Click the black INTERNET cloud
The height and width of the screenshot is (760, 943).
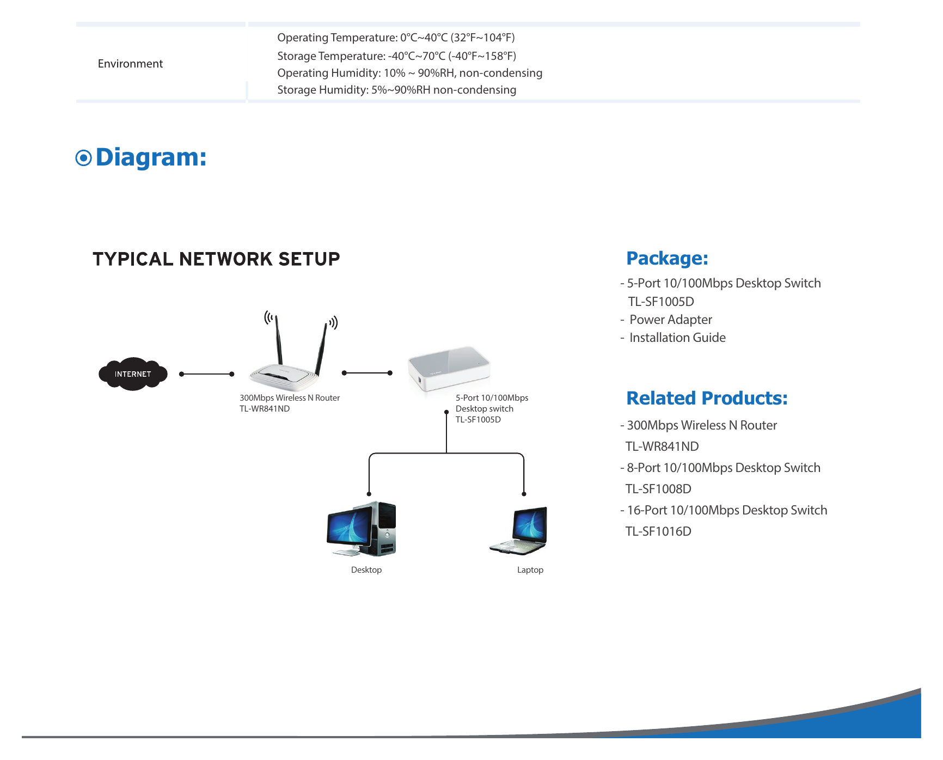133,374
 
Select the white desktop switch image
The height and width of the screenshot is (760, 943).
449,369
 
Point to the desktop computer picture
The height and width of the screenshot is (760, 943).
362,529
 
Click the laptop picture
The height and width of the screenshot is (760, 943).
518,531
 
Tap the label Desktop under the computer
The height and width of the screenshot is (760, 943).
366,570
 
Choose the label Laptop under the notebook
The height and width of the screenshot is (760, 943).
530,570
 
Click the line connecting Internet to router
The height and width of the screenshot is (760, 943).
207,374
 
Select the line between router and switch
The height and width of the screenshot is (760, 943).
367,373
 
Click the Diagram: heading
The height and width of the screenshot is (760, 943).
151,157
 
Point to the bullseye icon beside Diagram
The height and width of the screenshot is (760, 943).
83,158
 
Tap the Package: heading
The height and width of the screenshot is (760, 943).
667,259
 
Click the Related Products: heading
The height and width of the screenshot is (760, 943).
707,398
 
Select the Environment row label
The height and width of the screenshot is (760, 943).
130,64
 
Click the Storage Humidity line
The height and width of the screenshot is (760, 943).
396,90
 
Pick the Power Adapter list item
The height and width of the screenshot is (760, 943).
670,320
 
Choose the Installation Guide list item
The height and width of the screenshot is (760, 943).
677,338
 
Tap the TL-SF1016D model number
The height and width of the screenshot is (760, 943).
658,531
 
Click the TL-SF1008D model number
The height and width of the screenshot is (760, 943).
658,489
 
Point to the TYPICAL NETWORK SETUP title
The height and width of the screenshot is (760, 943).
216,259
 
